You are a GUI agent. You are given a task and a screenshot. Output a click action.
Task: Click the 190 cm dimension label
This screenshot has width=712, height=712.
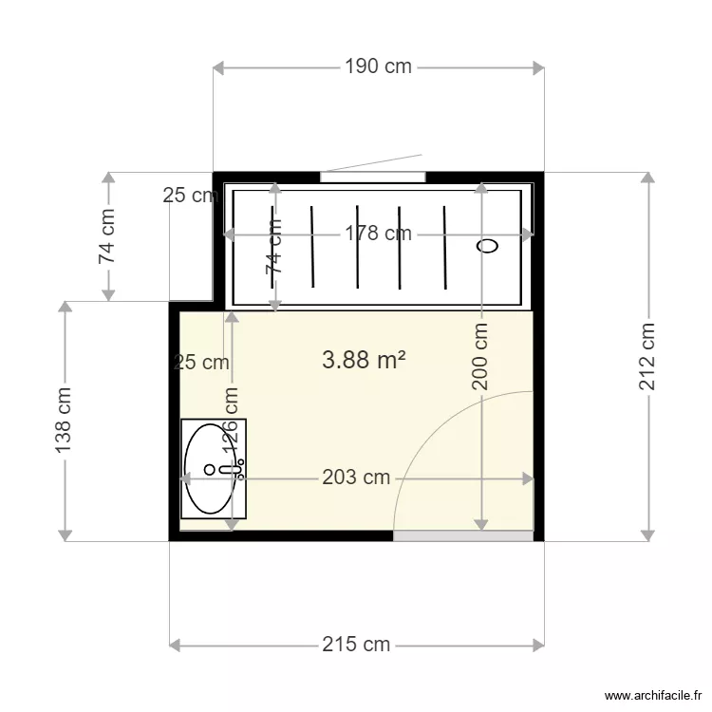[x=378, y=66]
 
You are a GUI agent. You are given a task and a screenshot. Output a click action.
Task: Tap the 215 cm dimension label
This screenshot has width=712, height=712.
[x=356, y=645]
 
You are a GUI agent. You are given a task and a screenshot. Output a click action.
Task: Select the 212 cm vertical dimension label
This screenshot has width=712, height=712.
[x=647, y=357]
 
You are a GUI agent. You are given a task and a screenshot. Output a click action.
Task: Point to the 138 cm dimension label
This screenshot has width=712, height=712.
[x=64, y=421]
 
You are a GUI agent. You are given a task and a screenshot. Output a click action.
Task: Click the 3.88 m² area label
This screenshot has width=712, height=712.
[x=365, y=360]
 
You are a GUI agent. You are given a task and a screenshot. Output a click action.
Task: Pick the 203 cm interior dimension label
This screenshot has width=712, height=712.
[x=356, y=478]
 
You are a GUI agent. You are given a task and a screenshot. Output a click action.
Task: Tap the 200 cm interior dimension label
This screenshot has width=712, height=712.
[x=481, y=357]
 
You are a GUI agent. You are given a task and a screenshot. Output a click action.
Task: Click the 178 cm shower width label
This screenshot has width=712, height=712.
[x=378, y=234]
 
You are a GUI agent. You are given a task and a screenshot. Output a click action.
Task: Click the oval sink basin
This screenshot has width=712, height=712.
[x=211, y=468]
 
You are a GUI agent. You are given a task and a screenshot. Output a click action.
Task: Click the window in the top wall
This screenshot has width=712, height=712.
[x=372, y=176]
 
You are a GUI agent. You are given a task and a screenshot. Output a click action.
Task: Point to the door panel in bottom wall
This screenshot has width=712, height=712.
[x=462, y=536]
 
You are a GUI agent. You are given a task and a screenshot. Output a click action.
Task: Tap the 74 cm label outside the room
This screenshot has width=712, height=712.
[x=108, y=236]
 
